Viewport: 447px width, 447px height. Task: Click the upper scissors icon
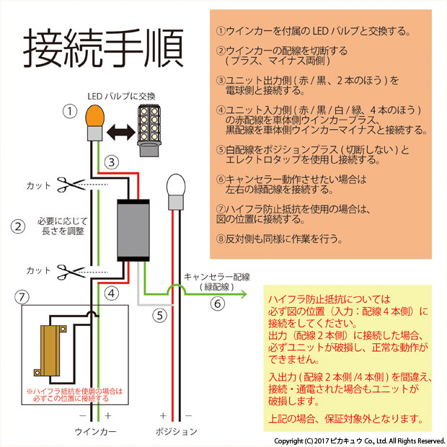[x=71, y=185]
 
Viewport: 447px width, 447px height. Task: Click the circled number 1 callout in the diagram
[x=68, y=112]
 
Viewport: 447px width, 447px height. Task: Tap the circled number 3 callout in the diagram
[x=110, y=162]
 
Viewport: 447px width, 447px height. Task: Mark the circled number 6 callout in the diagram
[x=217, y=304]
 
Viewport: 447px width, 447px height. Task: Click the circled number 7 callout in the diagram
[x=23, y=296]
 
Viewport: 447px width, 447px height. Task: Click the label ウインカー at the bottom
[x=95, y=431]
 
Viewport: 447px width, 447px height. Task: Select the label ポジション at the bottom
[x=176, y=431]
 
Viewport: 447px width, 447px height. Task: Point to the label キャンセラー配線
[x=216, y=276]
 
